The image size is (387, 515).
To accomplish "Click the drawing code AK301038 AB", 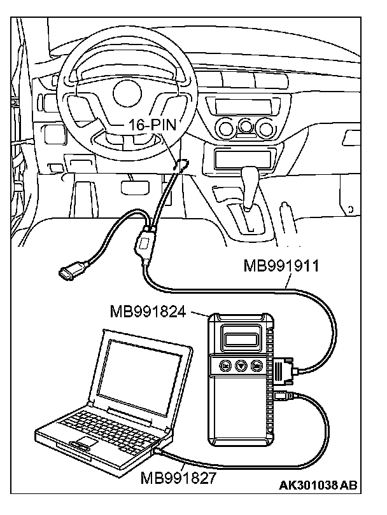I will [318, 485].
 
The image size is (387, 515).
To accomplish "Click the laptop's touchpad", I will [83, 443].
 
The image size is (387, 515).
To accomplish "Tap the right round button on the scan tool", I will [256, 366].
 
